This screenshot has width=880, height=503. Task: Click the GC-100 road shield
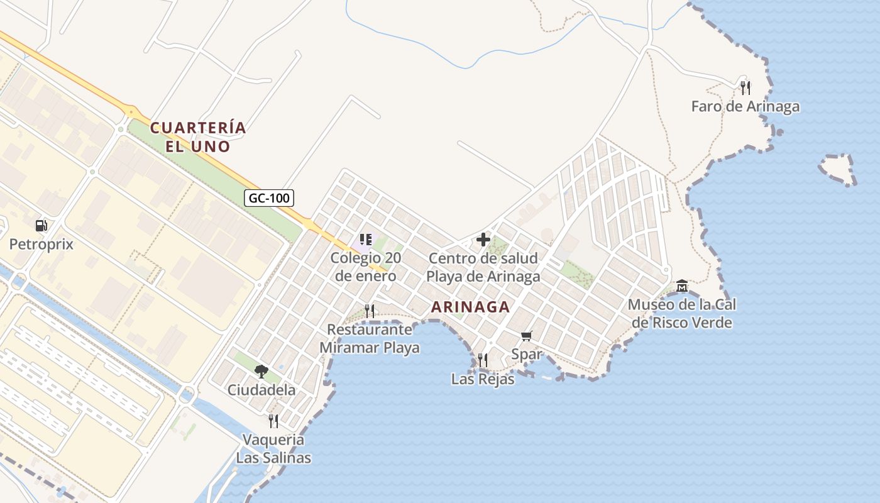269,198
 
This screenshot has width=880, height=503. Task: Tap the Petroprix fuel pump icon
41,225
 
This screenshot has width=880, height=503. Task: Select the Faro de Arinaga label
745,106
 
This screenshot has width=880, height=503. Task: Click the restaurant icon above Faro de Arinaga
745,87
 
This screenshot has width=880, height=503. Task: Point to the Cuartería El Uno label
198,137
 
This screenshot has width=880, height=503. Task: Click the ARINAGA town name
470,307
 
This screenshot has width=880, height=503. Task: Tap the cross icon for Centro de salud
483,240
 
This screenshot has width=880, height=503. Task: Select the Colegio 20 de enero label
365,267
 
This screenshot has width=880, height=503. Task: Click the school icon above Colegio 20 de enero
366,240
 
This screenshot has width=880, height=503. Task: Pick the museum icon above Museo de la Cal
682,287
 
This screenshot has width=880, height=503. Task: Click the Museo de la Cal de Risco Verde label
682,314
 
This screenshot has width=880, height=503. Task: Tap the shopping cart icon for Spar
527,336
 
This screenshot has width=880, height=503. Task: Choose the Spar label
527,354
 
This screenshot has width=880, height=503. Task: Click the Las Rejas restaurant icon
483,360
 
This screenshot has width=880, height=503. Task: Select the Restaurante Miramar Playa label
370,338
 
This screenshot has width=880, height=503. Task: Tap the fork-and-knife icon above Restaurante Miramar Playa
370,311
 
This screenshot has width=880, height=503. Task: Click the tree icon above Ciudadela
261,372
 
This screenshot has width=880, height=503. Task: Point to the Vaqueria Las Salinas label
273,448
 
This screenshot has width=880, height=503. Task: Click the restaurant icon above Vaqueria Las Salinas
273,421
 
